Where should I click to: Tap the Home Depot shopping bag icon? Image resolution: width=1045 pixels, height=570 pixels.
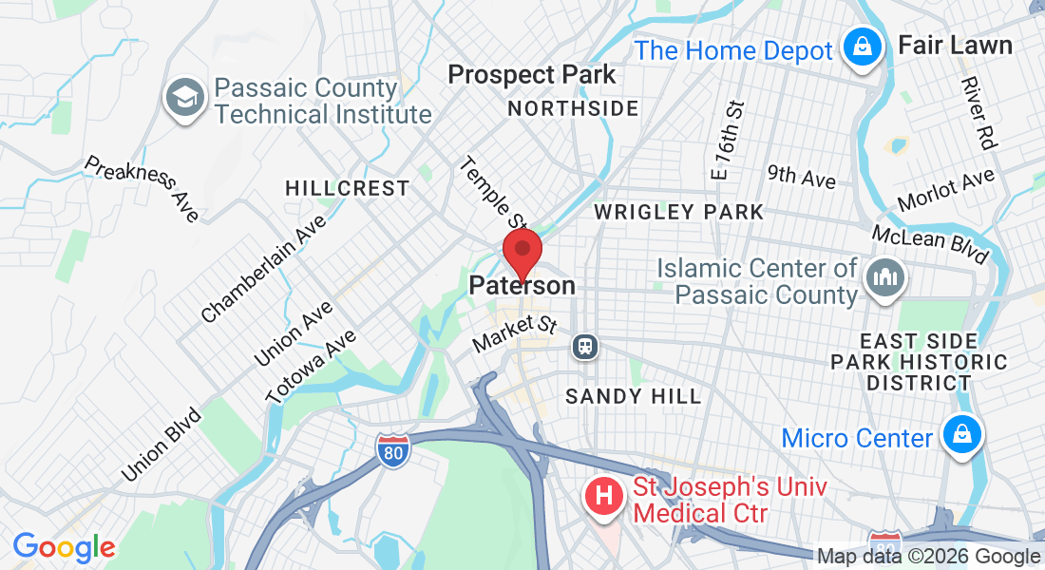coord(863,47)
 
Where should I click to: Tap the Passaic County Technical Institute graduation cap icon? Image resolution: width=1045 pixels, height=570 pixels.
coord(184,99)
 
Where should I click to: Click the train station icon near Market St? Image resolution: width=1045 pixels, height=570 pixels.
coord(584,347)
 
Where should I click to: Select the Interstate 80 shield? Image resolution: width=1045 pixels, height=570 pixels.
coord(392,450)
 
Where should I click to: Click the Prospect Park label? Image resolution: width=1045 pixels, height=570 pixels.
coord(532,74)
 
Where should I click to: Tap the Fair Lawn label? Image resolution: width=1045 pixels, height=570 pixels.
coord(955,45)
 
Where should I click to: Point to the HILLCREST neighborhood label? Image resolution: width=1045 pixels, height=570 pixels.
coord(348,189)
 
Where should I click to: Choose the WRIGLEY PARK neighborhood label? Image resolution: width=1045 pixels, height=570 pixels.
coord(679,212)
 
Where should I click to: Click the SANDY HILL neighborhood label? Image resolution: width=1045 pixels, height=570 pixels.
coord(634,396)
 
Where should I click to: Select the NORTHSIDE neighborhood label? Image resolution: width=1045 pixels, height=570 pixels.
coord(573,108)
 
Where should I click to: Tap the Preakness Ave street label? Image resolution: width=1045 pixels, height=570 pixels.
coord(142,188)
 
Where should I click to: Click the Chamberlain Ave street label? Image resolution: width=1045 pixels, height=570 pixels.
coord(264,269)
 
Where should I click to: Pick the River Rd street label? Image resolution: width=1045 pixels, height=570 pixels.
coord(978,113)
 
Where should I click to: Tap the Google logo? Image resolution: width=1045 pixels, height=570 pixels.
coord(64,547)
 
